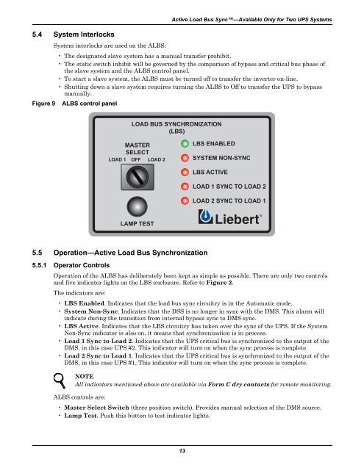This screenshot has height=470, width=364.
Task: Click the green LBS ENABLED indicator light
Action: (x=185, y=144)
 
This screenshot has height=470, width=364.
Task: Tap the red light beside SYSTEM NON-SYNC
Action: (x=185, y=158)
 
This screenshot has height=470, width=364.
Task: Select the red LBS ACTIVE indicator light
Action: (x=185, y=172)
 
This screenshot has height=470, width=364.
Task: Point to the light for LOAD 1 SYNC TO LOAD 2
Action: (x=185, y=187)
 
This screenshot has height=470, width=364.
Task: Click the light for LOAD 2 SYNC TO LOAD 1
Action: (x=185, y=200)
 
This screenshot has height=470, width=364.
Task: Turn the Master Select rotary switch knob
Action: (x=138, y=177)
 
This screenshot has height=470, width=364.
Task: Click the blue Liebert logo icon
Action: (x=206, y=217)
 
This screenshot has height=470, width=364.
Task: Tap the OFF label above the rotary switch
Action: (x=136, y=160)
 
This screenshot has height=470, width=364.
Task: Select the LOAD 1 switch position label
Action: (x=117, y=160)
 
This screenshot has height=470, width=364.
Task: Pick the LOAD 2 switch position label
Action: (x=157, y=160)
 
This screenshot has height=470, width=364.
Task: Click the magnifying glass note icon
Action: (x=60, y=380)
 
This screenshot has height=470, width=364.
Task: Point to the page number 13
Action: (x=182, y=451)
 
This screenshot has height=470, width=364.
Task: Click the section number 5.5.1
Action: (x=39, y=265)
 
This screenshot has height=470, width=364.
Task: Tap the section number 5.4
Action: (x=38, y=35)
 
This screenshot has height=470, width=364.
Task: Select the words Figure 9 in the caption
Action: (x=44, y=104)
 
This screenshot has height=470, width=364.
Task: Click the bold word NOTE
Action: (x=85, y=377)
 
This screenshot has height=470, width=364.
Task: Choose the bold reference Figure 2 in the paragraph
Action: (x=219, y=283)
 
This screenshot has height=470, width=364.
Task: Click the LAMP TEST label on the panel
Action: (x=137, y=223)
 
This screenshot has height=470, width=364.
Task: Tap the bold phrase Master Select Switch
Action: (x=96, y=408)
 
